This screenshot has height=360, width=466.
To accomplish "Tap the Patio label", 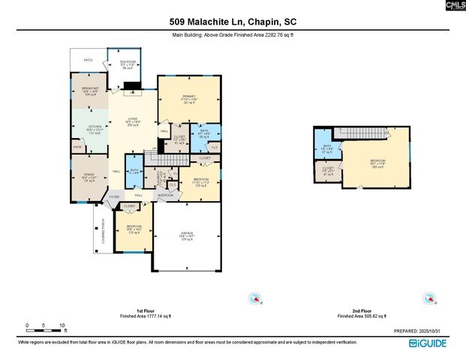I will click(88, 60).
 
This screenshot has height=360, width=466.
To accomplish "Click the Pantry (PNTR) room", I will click(77, 148).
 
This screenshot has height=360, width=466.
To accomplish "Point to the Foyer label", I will click(114, 196).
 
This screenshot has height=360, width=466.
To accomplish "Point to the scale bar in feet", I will click(45, 326).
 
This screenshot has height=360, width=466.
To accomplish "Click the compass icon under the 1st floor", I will click(254, 298).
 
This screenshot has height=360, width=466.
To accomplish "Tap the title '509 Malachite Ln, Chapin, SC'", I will click(233, 22).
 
